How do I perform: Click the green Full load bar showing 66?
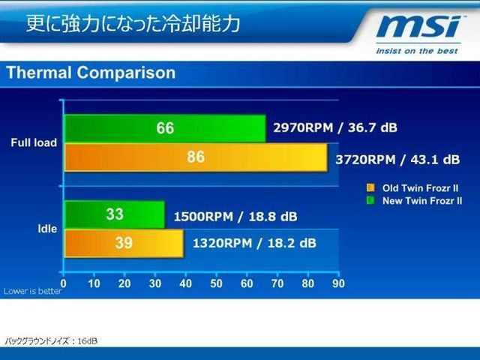pyautogui.click(x=165, y=128)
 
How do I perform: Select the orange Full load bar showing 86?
pyautogui.click(x=196, y=157)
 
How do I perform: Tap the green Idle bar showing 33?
pyautogui.click(x=115, y=214)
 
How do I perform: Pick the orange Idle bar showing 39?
pyautogui.click(x=124, y=243)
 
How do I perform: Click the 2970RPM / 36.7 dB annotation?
pyautogui.click(x=335, y=127)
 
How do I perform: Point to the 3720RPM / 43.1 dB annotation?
pyautogui.click(x=397, y=160)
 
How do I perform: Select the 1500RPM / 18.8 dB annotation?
pyautogui.click(x=235, y=217)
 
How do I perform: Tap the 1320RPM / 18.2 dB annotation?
pyautogui.click(x=254, y=243)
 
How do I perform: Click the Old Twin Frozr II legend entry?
pyautogui.click(x=413, y=188)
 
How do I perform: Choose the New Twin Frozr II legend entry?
pyautogui.click(x=415, y=201)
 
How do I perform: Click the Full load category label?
pyautogui.click(x=34, y=142)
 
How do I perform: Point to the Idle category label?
pyautogui.click(x=47, y=229)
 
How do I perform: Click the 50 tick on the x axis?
pyautogui.click(x=216, y=283)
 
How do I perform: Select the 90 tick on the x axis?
pyautogui.click(x=338, y=283)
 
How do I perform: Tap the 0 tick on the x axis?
pyautogui.click(x=63, y=283)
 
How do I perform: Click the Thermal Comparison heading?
pyautogui.click(x=91, y=73)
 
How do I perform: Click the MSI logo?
pyautogui.click(x=419, y=27)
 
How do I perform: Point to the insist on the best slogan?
pyautogui.click(x=417, y=51)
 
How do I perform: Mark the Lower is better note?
pyautogui.click(x=32, y=291)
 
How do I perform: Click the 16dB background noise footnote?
pyautogui.click(x=51, y=341)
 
